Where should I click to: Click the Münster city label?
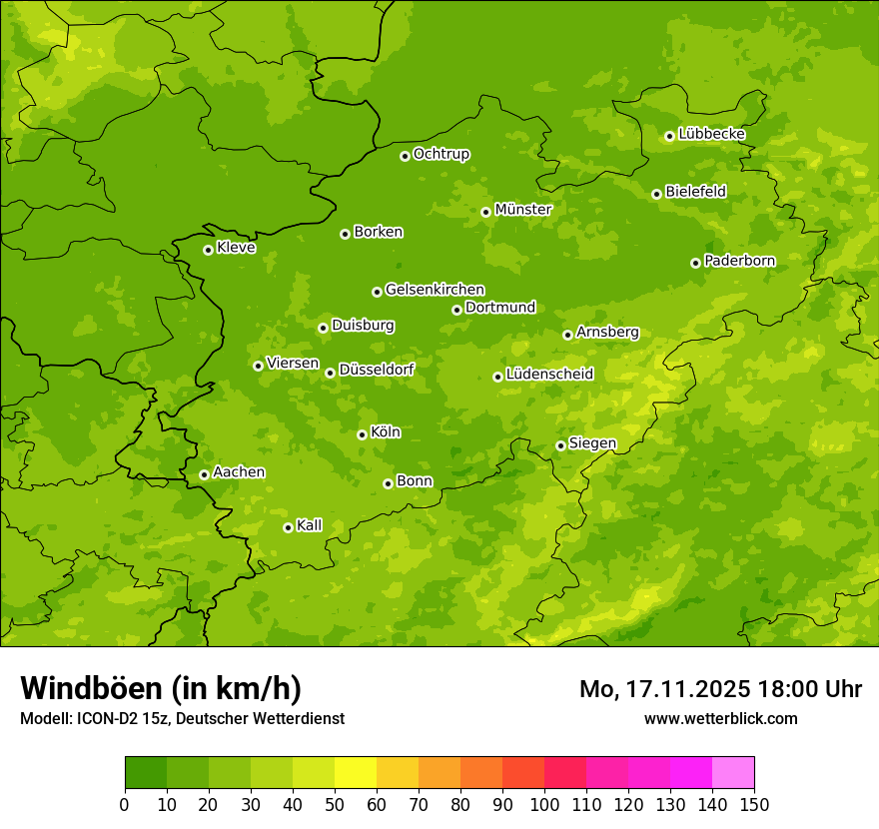click(522, 210)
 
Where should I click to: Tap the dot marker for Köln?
click(362, 434)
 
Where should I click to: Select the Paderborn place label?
click(739, 261)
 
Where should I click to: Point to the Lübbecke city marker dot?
click(669, 136)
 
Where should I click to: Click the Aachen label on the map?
click(239, 472)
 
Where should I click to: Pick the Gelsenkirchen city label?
click(435, 290)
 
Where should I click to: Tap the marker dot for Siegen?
click(560, 445)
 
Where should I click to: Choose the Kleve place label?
click(236, 248)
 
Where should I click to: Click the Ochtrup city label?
click(440, 154)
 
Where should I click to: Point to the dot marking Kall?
click(288, 527)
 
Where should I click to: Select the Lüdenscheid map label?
click(549, 375)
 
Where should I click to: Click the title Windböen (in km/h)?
click(161, 688)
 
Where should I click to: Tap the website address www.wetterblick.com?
click(720, 718)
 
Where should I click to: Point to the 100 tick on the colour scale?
click(544, 805)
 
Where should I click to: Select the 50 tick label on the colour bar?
click(335, 805)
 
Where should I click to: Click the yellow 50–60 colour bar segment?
click(356, 773)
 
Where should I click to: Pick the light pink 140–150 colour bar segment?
click(733, 773)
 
